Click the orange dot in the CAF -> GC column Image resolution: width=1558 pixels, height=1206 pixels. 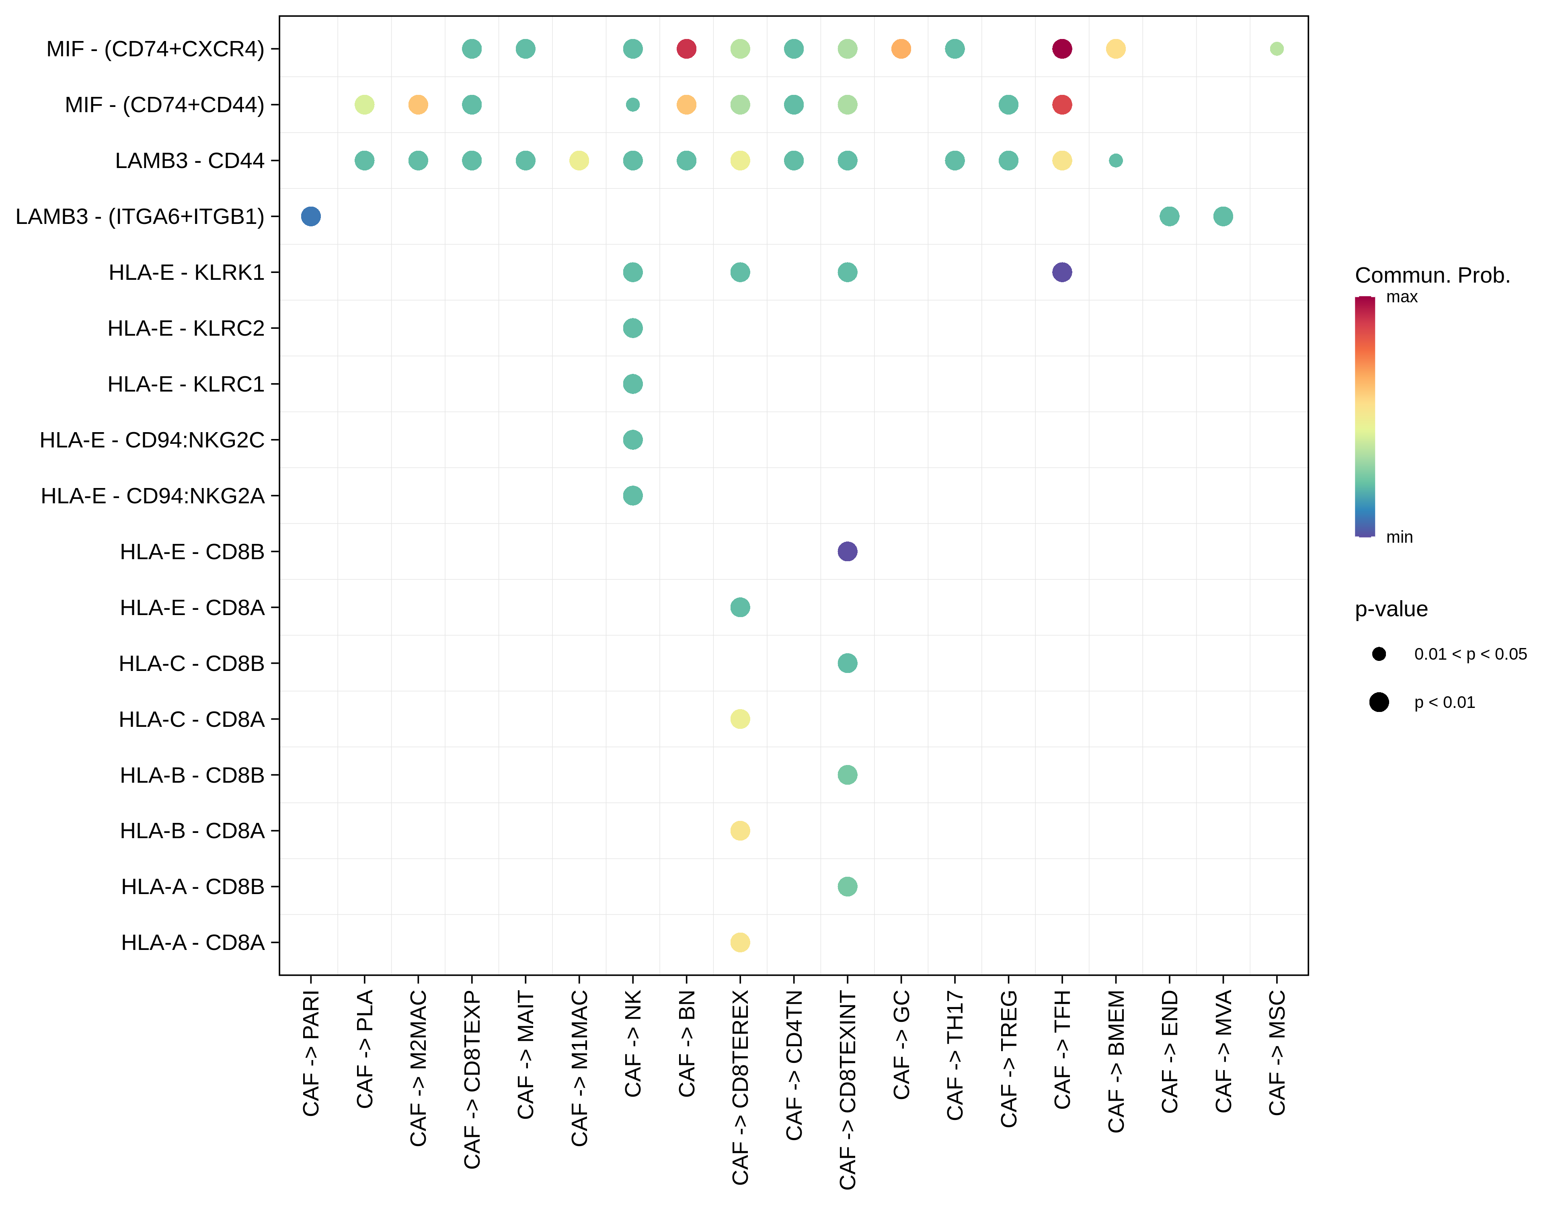point(901,49)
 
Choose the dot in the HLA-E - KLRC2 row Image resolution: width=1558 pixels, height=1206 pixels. point(633,328)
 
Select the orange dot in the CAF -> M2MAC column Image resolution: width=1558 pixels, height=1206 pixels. point(418,105)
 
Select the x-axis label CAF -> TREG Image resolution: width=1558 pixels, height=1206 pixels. point(1008,1059)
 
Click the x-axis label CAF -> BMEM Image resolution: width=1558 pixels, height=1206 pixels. point(1116,1061)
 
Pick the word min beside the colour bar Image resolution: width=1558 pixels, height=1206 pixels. point(1399,537)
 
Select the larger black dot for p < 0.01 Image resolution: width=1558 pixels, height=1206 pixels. point(1379,702)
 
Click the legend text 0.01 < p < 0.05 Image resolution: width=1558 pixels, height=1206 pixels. point(1470,654)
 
